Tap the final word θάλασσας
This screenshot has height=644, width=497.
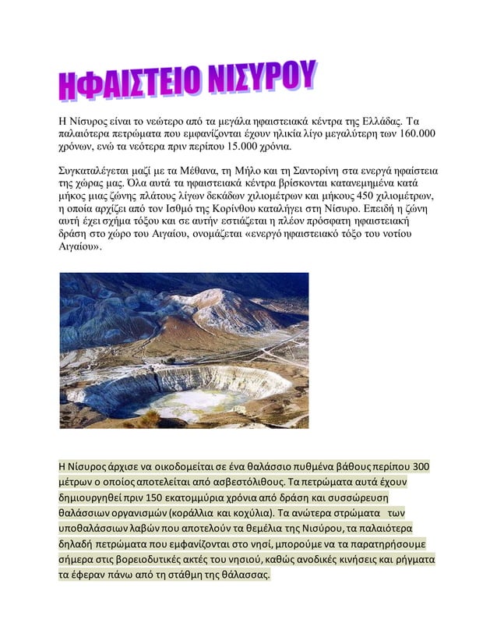243,575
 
